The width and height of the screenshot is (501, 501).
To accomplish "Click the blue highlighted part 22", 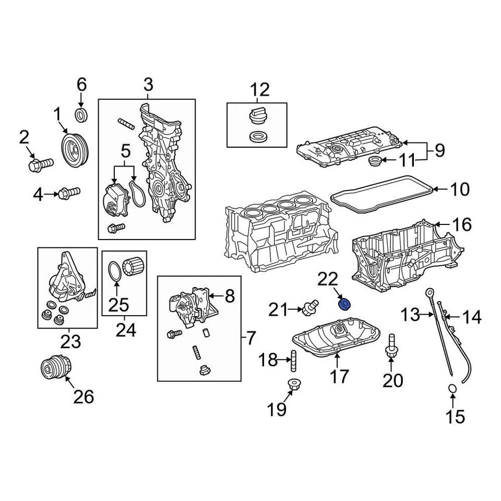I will [344, 303].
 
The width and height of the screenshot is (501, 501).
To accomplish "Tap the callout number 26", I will [83, 397].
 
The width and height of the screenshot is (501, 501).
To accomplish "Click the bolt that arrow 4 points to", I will [69, 193].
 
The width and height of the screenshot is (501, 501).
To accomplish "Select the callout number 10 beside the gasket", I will [459, 189].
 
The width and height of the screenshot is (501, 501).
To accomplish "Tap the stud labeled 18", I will [293, 360].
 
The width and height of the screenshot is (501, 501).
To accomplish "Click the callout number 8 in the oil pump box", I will [230, 296].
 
